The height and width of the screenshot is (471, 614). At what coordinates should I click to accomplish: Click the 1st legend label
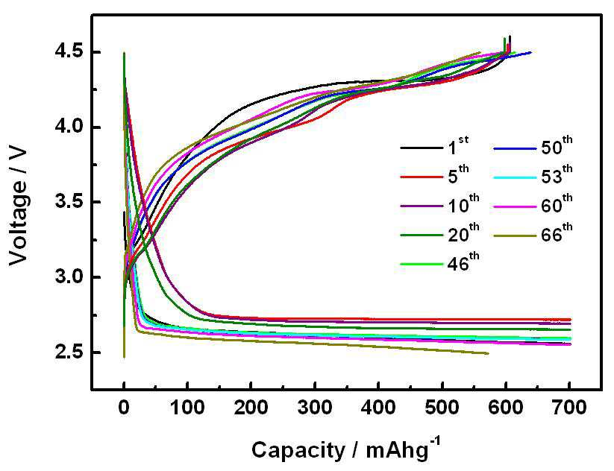(x=458, y=146)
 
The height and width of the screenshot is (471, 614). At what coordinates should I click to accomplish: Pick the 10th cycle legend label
(x=463, y=204)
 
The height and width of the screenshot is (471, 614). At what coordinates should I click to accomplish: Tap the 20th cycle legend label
(x=463, y=233)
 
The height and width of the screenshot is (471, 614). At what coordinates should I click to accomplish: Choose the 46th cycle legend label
(x=463, y=263)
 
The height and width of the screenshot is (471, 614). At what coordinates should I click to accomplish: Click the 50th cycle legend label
(x=557, y=146)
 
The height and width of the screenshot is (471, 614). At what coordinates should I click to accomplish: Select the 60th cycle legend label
(x=557, y=204)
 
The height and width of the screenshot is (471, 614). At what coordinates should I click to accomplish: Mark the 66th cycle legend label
(x=557, y=233)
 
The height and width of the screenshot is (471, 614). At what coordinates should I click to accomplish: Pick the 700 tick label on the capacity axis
(x=569, y=408)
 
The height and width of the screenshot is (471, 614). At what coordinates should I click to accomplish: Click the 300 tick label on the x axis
(x=315, y=408)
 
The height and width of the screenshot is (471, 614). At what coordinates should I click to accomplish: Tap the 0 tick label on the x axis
(x=124, y=408)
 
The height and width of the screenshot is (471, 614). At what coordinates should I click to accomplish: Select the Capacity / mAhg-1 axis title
(x=346, y=449)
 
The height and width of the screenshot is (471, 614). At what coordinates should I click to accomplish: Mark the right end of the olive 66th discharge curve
(x=489, y=353)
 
